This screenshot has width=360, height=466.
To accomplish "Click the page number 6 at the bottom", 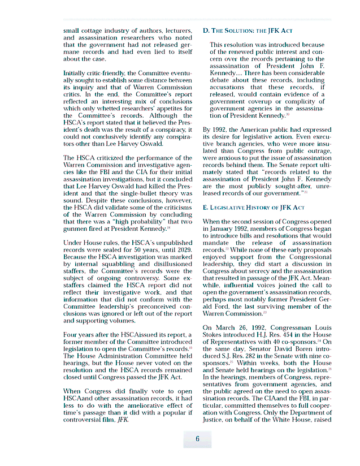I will [197, 439].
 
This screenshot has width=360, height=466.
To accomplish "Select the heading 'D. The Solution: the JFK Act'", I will [248, 30].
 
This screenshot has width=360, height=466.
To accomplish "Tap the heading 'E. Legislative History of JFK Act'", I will [254, 208].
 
